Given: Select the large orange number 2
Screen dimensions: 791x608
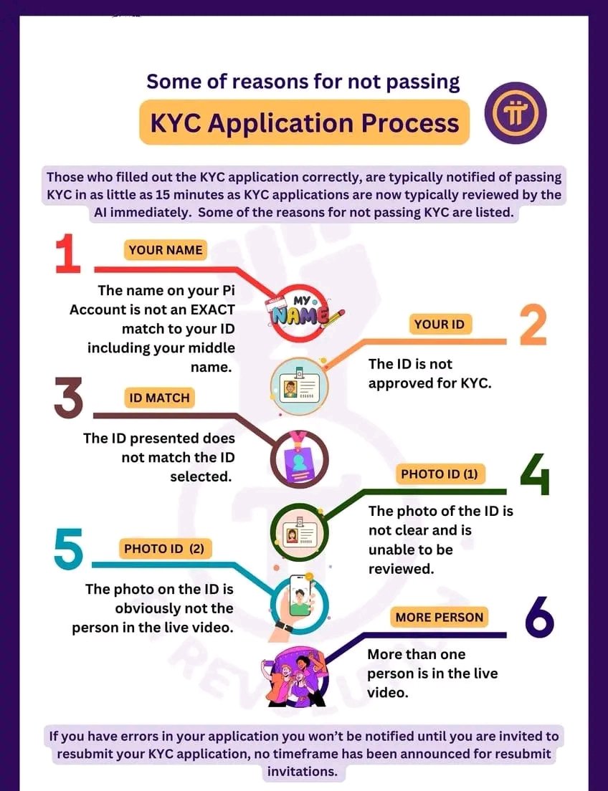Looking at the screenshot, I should coord(533,326).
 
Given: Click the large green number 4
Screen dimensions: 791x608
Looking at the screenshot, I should coord(535,474).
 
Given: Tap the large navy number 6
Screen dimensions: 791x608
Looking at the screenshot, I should coord(539,618).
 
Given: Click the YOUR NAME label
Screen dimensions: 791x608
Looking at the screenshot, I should coord(166,250).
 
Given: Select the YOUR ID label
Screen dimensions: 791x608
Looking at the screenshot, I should coord(440,325).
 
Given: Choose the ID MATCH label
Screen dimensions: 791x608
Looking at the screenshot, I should coord(159,398).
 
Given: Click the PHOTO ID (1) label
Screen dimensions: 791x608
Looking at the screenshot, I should coord(439,474).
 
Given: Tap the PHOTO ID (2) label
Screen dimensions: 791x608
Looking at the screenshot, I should coord(164,550).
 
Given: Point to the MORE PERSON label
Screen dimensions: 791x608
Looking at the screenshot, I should coord(440,617).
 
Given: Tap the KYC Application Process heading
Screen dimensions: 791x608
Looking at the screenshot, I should coord(304,123).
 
